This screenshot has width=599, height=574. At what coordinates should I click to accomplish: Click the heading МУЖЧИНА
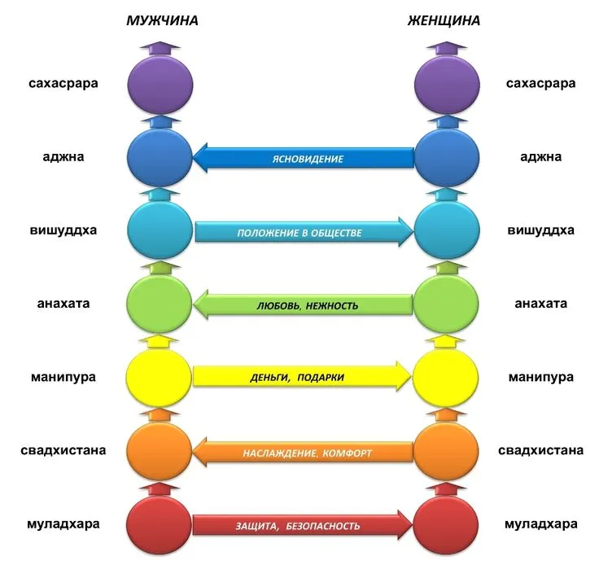162,20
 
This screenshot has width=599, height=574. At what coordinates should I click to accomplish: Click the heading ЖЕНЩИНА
444,20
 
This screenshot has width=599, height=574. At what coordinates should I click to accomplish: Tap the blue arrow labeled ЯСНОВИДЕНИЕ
304,158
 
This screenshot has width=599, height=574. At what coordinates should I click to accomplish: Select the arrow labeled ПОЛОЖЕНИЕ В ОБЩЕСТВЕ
304,232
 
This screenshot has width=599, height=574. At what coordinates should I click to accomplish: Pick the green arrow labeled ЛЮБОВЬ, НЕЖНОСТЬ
304,305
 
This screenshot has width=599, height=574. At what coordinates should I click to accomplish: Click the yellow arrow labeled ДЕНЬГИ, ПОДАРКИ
302,376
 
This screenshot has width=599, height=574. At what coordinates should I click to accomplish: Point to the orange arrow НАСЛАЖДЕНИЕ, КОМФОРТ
303,452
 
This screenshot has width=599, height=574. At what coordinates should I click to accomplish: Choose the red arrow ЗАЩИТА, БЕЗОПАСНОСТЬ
303,524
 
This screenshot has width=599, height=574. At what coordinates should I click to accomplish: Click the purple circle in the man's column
160,85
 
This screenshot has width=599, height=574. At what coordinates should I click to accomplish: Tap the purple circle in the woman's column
447,85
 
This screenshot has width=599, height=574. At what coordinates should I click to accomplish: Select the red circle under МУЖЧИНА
159,524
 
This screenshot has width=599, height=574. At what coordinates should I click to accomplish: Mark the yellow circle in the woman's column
445,376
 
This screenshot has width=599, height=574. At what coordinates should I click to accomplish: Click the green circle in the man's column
160,304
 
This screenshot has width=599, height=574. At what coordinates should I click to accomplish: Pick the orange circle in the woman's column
446,450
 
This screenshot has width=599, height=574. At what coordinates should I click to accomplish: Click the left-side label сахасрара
63,83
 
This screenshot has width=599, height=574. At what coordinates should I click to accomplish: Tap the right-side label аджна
541,156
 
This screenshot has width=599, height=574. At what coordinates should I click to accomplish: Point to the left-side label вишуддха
63,230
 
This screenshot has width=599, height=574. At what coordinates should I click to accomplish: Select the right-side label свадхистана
540,450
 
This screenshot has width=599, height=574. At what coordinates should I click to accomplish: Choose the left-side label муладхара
63,524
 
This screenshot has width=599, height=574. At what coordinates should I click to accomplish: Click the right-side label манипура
541,377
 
